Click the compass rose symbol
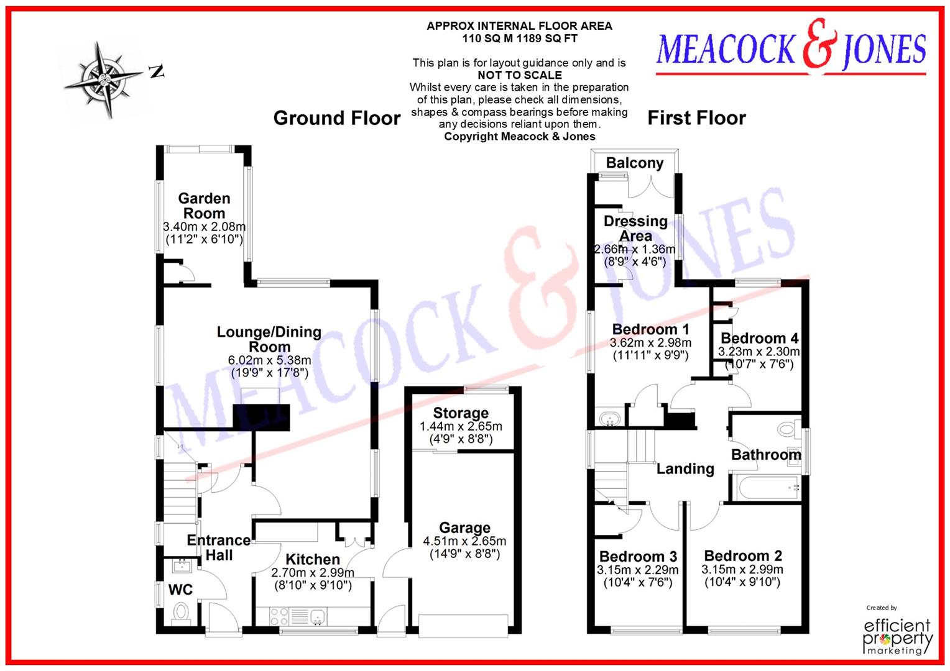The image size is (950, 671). tap(103, 80)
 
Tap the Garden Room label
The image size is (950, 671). tap(204, 206)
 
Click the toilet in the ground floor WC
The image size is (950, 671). tap(181, 611)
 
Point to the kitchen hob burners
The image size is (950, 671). tap(279, 616)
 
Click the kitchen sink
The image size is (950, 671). tap(318, 617)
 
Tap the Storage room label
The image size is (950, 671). tap(460, 413)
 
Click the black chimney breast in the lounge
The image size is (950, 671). tap(262, 417)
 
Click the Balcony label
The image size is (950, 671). tap(635, 163)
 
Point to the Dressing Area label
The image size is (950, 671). tap(635, 229)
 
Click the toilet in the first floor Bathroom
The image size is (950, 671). tap(788, 428)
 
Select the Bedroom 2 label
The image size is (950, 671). tap(743, 555)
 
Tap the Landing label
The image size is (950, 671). tap(685, 469)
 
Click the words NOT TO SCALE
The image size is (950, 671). tap(519, 75)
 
